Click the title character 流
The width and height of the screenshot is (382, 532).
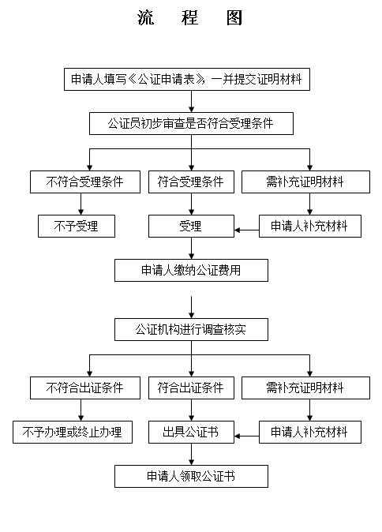tap(146, 17)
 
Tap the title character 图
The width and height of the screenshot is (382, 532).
tap(234, 17)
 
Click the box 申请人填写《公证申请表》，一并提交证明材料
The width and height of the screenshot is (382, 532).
tap(187, 80)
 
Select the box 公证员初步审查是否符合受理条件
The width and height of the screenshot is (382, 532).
tap(191, 123)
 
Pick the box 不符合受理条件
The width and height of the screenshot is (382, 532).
tap(85, 182)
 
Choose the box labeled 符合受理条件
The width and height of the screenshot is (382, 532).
tap(191, 182)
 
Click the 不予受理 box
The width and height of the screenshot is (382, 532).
tap(77, 226)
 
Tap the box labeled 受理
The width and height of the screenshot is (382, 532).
tap(191, 226)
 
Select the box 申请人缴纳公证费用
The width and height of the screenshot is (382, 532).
tap(191, 271)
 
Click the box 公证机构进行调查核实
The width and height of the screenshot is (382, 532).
tap(191, 329)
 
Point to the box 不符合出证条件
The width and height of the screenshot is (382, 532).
tap(85, 388)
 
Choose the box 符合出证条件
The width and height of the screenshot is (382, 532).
tap(191, 388)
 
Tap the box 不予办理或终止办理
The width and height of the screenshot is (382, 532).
tap(73, 433)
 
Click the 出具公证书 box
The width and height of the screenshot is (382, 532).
tap(191, 433)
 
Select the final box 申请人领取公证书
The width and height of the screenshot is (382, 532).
tap(191, 477)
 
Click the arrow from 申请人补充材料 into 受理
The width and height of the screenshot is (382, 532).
tap(246, 230)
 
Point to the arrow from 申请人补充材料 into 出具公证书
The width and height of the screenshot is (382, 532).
tap(246, 436)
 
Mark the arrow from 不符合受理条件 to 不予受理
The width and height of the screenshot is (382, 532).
tap(81, 204)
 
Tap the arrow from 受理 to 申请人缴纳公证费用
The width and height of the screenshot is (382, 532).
tap(191, 248)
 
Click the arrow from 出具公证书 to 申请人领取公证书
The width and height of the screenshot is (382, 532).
tap(191, 455)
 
